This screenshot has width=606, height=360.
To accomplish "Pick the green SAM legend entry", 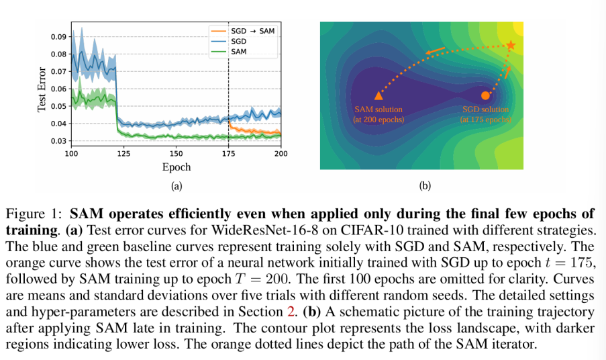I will [237, 51].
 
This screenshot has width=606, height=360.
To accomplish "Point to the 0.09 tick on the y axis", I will [58, 36].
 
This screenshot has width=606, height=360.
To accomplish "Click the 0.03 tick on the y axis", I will [58, 141].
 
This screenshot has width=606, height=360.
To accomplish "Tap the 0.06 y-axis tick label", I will [58, 89].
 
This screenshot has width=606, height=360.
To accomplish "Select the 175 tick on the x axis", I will [228, 154].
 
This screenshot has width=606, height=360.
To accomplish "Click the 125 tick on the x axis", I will [123, 154].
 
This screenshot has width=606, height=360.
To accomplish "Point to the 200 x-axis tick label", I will [280, 154].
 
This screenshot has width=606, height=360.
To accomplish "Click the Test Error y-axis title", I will [42, 88].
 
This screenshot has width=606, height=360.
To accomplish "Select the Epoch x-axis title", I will [176, 167].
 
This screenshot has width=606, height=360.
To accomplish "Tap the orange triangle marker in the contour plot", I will [378, 96].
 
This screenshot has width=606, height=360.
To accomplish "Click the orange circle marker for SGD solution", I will [485, 95].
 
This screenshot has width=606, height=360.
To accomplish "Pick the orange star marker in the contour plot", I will [511, 45].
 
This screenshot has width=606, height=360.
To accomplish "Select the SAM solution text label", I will [378, 109].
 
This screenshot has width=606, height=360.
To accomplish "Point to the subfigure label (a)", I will [176, 186].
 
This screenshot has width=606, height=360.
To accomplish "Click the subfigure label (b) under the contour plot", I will [424, 186].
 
